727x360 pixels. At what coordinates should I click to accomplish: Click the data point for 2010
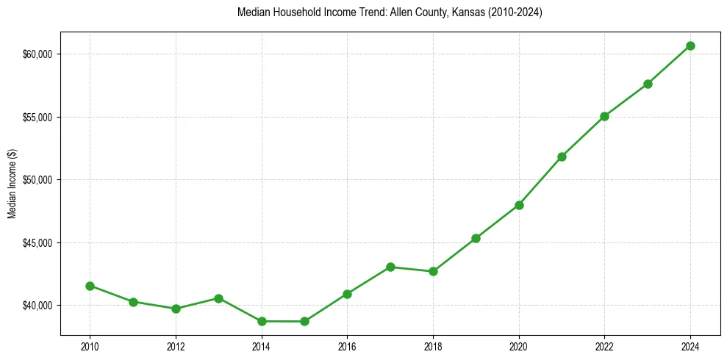click(90, 286)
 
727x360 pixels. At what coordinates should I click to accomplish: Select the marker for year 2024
click(690, 46)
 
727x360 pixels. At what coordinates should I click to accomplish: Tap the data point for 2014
click(262, 321)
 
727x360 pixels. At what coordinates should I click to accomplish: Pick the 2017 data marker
click(390, 267)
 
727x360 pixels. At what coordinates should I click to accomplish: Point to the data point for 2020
click(519, 205)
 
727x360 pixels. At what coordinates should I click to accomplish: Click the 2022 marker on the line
click(604, 116)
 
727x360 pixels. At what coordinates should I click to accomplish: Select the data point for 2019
click(476, 238)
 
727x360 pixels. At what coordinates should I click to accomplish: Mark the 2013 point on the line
click(218, 298)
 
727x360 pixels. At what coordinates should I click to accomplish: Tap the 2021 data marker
click(562, 156)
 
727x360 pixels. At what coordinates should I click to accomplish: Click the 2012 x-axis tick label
click(176, 346)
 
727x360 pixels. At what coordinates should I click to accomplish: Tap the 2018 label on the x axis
click(433, 346)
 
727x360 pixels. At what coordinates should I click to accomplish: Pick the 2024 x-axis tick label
click(690, 346)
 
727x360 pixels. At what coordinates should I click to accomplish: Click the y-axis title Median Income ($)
click(12, 180)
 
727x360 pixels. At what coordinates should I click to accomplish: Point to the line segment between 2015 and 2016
click(326, 307)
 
